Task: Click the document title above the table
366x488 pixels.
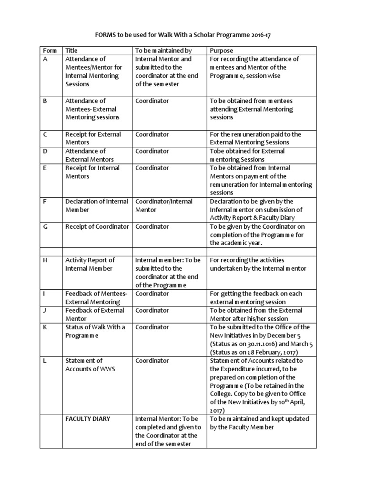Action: click(x=183, y=35)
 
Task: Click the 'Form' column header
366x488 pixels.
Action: click(x=50, y=51)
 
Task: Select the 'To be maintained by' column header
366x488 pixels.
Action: click(x=163, y=51)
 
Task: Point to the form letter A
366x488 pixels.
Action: click(x=45, y=59)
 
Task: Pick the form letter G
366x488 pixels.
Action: click(x=46, y=226)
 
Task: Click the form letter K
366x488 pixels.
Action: click(x=45, y=327)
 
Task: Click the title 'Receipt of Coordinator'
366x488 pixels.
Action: click(x=97, y=226)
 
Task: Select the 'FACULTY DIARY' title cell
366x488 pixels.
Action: click(x=88, y=418)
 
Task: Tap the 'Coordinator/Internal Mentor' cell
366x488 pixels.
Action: click(x=163, y=205)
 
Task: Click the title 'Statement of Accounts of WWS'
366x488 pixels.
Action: click(x=90, y=365)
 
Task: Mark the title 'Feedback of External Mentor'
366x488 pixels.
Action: click(x=94, y=315)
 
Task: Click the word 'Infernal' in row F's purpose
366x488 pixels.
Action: click(x=222, y=210)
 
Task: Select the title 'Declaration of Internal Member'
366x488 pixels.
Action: click(x=96, y=205)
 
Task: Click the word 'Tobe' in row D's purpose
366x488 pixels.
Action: click(x=217, y=151)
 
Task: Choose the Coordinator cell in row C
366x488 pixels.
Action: click(x=152, y=134)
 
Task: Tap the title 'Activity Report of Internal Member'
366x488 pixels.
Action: click(x=90, y=264)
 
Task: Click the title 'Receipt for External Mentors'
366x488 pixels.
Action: click(x=93, y=138)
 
